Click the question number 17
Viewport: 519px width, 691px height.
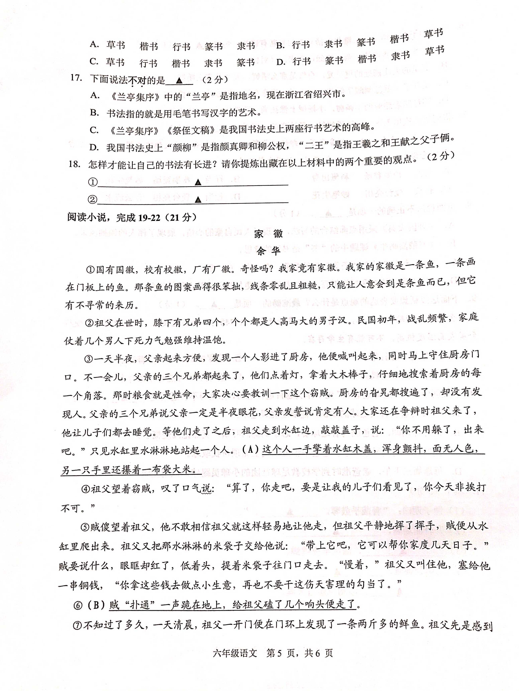pyautogui.click(x=76, y=78)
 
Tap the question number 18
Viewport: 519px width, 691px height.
pyautogui.click(x=75, y=164)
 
